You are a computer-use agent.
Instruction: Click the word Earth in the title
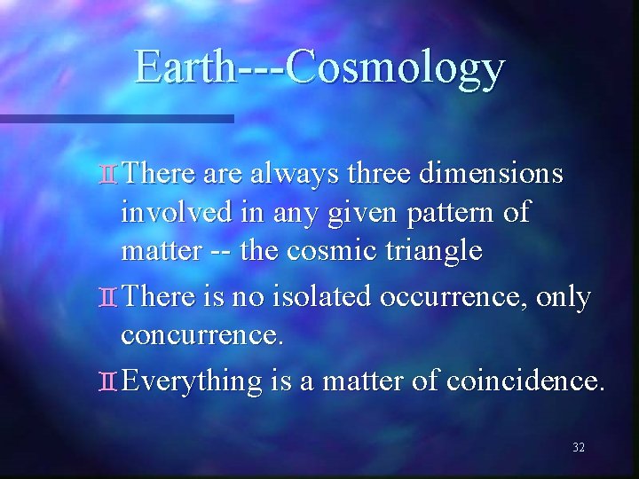185,68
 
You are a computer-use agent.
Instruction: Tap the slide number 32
579,448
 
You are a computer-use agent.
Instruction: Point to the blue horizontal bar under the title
115,118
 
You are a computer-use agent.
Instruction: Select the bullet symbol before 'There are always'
108,175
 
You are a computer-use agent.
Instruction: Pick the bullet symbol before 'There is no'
108,299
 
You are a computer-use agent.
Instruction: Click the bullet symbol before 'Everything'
108,381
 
